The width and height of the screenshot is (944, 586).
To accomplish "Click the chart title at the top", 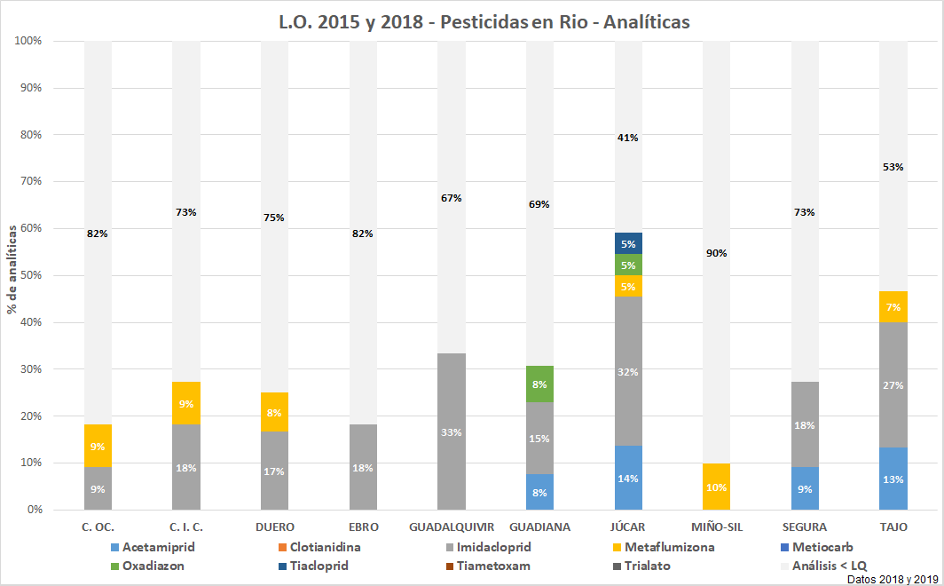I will click(x=484, y=22).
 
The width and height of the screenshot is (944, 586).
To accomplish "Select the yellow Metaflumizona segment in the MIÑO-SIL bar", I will click(x=717, y=487).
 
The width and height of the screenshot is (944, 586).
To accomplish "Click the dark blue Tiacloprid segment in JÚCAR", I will click(x=628, y=243).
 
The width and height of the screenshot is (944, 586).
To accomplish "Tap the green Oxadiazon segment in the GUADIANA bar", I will click(x=539, y=384).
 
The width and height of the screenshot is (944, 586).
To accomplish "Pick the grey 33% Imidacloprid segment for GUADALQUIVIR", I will click(x=451, y=432).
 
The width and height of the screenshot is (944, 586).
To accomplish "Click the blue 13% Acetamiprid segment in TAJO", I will click(x=894, y=479).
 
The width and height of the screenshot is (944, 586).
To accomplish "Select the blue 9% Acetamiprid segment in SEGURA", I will click(x=806, y=488).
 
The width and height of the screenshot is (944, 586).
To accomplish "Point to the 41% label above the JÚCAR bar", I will click(x=628, y=138).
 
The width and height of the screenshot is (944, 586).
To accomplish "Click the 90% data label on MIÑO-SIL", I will click(x=717, y=253).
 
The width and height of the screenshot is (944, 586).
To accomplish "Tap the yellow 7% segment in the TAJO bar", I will click(x=894, y=307).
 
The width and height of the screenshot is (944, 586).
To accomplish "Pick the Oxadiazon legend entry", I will click(x=153, y=566).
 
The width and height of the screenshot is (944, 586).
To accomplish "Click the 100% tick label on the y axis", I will click(x=39, y=41).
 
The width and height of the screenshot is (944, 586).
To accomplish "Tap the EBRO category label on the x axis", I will click(x=363, y=527).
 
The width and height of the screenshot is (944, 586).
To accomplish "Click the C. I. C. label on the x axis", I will click(x=186, y=527).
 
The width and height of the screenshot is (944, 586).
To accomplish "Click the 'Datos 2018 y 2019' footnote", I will click(x=893, y=579).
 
